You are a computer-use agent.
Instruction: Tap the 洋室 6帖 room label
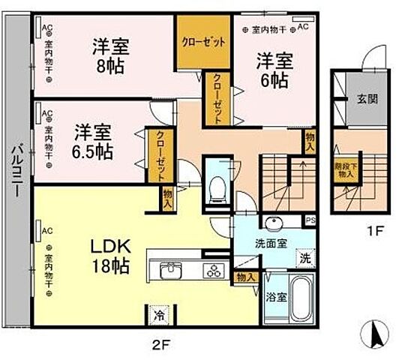point(272,68)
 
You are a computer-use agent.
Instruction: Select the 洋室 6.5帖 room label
point(93,142)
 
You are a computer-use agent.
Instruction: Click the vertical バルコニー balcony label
point(15,173)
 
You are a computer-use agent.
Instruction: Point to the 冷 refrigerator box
point(160,316)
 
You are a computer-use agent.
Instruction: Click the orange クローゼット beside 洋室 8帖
point(202,42)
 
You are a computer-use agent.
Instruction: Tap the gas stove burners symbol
point(213,270)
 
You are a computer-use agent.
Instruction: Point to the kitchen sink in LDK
point(170,270)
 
